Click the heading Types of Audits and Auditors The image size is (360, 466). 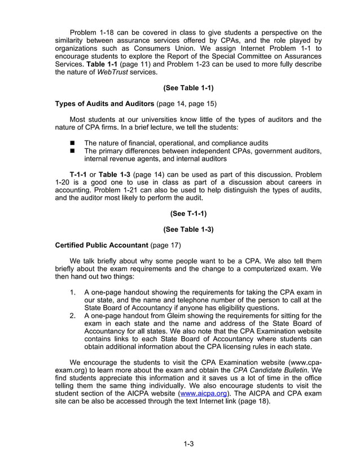point(104,104)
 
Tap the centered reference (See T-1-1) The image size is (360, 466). point(188,214)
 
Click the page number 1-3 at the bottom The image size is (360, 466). point(188,443)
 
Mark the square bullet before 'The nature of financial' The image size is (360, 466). point(72,143)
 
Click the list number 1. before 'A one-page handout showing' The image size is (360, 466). point(73,292)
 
